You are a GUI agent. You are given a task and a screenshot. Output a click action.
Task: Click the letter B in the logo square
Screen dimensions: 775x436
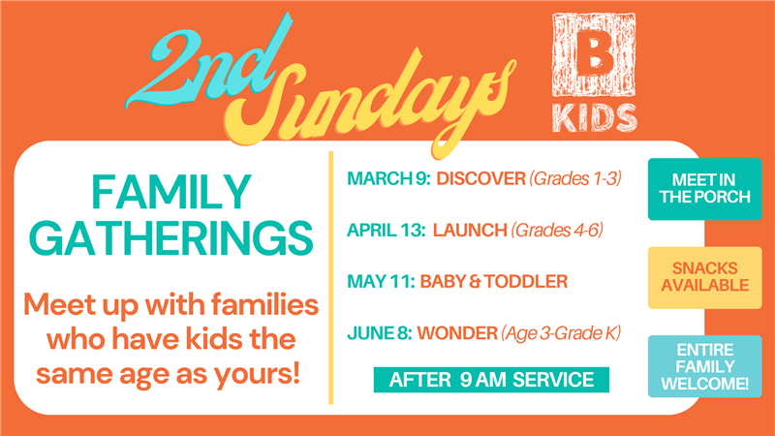[594, 53]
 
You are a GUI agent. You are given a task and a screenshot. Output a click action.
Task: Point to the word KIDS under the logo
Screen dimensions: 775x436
[595, 118]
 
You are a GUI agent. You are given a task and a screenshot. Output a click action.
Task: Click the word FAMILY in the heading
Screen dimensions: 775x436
[171, 192]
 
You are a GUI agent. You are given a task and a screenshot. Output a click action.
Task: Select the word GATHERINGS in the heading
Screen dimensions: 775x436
[171, 238]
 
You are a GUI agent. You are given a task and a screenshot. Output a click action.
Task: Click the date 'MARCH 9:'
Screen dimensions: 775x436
[388, 178]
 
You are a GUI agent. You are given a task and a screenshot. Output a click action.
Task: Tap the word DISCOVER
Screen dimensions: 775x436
[480, 178]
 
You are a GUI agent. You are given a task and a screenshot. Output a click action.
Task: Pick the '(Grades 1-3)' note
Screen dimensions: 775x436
[575, 178]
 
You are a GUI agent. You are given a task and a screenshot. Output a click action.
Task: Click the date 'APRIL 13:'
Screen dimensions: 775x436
[387, 230]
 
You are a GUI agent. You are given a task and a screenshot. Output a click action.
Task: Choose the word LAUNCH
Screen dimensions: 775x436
[470, 230]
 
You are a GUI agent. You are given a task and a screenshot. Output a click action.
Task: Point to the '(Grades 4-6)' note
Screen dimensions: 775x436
[557, 230]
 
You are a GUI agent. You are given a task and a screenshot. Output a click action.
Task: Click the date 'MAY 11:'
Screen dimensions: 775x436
[381, 281]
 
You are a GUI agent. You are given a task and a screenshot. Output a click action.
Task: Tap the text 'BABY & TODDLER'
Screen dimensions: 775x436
[494, 281]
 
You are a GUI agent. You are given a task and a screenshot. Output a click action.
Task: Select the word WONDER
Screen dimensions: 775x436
[457, 333]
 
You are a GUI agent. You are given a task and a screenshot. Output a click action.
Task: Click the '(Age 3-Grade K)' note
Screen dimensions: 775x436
[561, 333]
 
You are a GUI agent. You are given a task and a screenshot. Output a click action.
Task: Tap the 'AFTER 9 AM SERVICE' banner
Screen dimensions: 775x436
[491, 380]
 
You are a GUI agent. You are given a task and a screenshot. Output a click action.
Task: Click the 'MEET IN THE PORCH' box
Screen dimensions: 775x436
[705, 189]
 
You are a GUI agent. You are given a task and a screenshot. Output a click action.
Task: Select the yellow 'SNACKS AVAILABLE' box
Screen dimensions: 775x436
[705, 277]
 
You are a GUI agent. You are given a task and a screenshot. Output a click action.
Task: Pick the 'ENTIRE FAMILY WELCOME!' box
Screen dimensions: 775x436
[705, 366]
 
